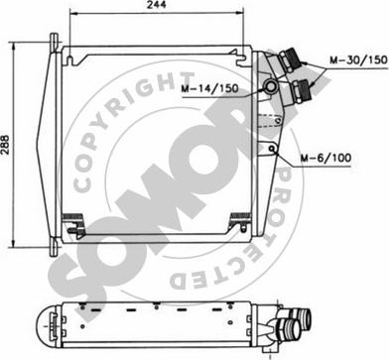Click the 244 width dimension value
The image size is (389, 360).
(x=156, y=5)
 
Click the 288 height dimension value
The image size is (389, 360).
(x=5, y=145)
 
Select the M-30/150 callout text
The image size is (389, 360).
(x=358, y=60)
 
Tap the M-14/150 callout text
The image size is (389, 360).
(x=209, y=88)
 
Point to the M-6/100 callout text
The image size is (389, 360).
(x=325, y=158)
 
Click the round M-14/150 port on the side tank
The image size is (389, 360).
(x=271, y=86)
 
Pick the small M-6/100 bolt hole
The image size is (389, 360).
(x=272, y=148)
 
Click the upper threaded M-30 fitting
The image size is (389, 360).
(x=290, y=60)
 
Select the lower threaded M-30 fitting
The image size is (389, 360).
(x=300, y=90)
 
